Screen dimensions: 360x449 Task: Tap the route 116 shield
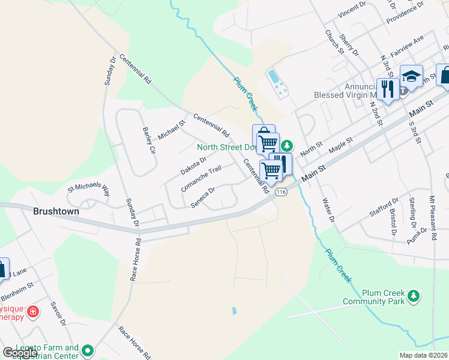[280, 192]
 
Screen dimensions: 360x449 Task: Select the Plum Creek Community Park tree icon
[413, 295]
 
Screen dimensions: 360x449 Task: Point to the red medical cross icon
[32, 312]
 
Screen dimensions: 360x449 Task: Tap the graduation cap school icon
[411, 76]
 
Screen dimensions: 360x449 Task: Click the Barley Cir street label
[149, 140]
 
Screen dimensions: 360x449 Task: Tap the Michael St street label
[172, 127]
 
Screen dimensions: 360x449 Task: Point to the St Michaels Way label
[89, 190]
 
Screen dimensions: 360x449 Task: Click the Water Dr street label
[328, 210]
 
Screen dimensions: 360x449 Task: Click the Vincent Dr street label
[352, 9]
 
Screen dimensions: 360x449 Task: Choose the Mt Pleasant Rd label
[432, 214]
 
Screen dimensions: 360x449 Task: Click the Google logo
[20, 353]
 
